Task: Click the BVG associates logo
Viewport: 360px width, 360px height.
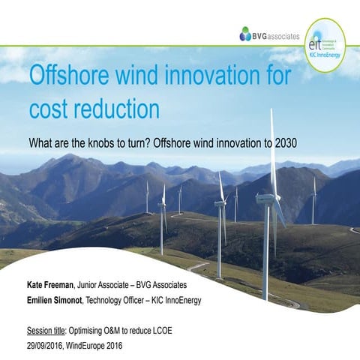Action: pos(268,34)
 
